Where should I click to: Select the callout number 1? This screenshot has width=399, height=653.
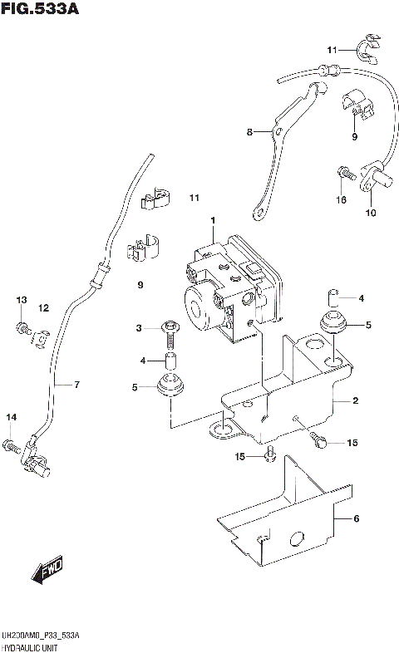pyautogui.click(x=213, y=220)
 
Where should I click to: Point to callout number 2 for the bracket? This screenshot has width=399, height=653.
pyautogui.click(x=355, y=400)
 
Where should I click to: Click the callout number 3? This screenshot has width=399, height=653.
pyautogui.click(x=140, y=330)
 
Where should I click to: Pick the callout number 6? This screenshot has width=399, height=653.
pyautogui.click(x=355, y=519)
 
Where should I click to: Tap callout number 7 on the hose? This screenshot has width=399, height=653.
pyautogui.click(x=76, y=384)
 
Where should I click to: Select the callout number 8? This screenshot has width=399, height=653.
pyautogui.click(x=248, y=131)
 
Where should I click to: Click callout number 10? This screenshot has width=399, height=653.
pyautogui.click(x=370, y=213)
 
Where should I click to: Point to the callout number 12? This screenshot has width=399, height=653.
pyautogui.click(x=43, y=308)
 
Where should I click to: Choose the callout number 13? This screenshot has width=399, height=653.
pyautogui.click(x=22, y=299)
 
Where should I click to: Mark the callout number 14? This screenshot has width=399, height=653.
pyautogui.click(x=12, y=416)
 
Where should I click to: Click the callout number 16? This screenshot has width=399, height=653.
pyautogui.click(x=341, y=199)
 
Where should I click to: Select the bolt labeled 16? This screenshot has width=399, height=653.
pyautogui.click(x=341, y=173)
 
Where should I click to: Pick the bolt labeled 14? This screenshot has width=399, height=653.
pyautogui.click(x=12, y=446)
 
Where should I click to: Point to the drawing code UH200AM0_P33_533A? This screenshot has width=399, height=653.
pyautogui.click(x=42, y=635)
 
